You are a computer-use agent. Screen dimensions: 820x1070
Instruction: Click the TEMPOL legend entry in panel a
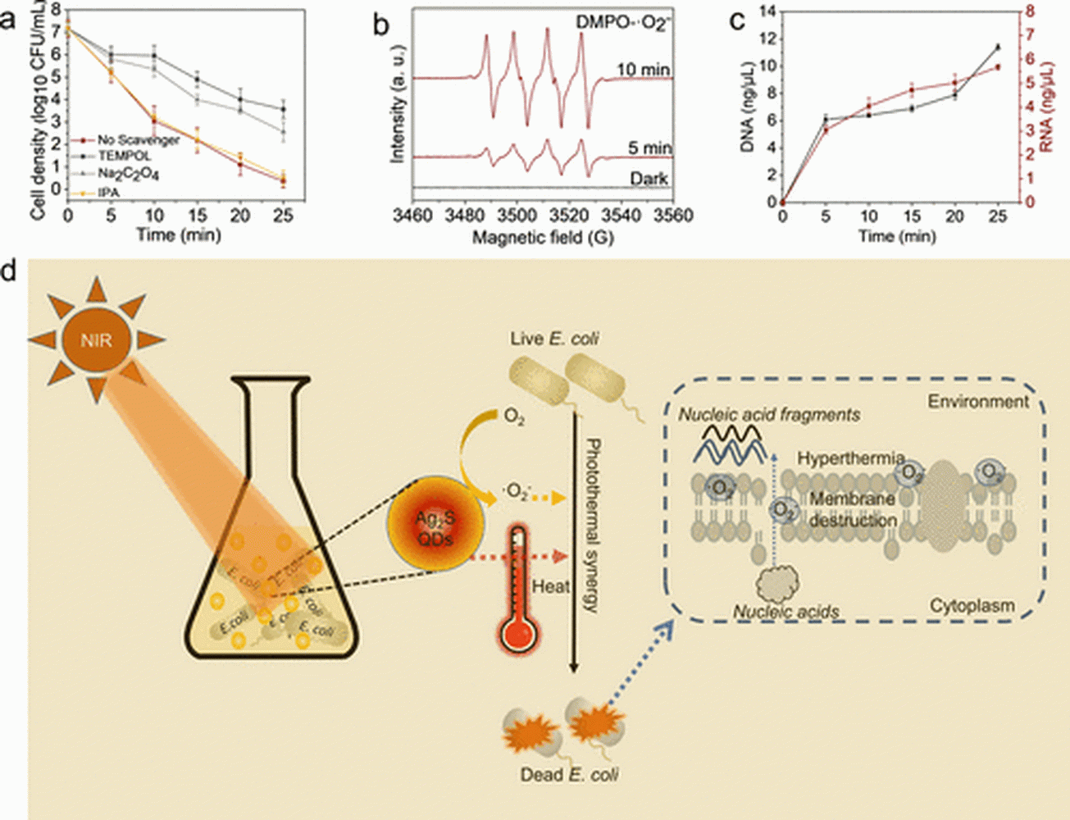point(124,156)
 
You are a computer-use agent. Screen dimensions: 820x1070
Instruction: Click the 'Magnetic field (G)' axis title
point(543,237)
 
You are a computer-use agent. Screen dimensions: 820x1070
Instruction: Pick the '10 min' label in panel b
point(643,70)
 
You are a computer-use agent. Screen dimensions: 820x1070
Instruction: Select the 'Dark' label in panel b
point(649,178)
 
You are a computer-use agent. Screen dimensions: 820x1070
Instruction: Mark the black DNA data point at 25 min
point(998,47)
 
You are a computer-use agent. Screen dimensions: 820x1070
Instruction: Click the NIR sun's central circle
point(97,339)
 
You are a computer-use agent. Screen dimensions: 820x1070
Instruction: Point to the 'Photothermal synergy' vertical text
point(593,525)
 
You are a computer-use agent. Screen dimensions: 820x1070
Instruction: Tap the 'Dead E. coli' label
point(569,774)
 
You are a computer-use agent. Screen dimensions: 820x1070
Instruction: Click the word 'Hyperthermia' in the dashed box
point(851,458)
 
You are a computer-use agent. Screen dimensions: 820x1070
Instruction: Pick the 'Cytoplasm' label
point(972,606)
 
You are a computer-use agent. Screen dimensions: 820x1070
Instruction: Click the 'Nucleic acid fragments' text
point(769,415)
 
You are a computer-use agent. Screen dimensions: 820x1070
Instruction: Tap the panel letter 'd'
point(11,271)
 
